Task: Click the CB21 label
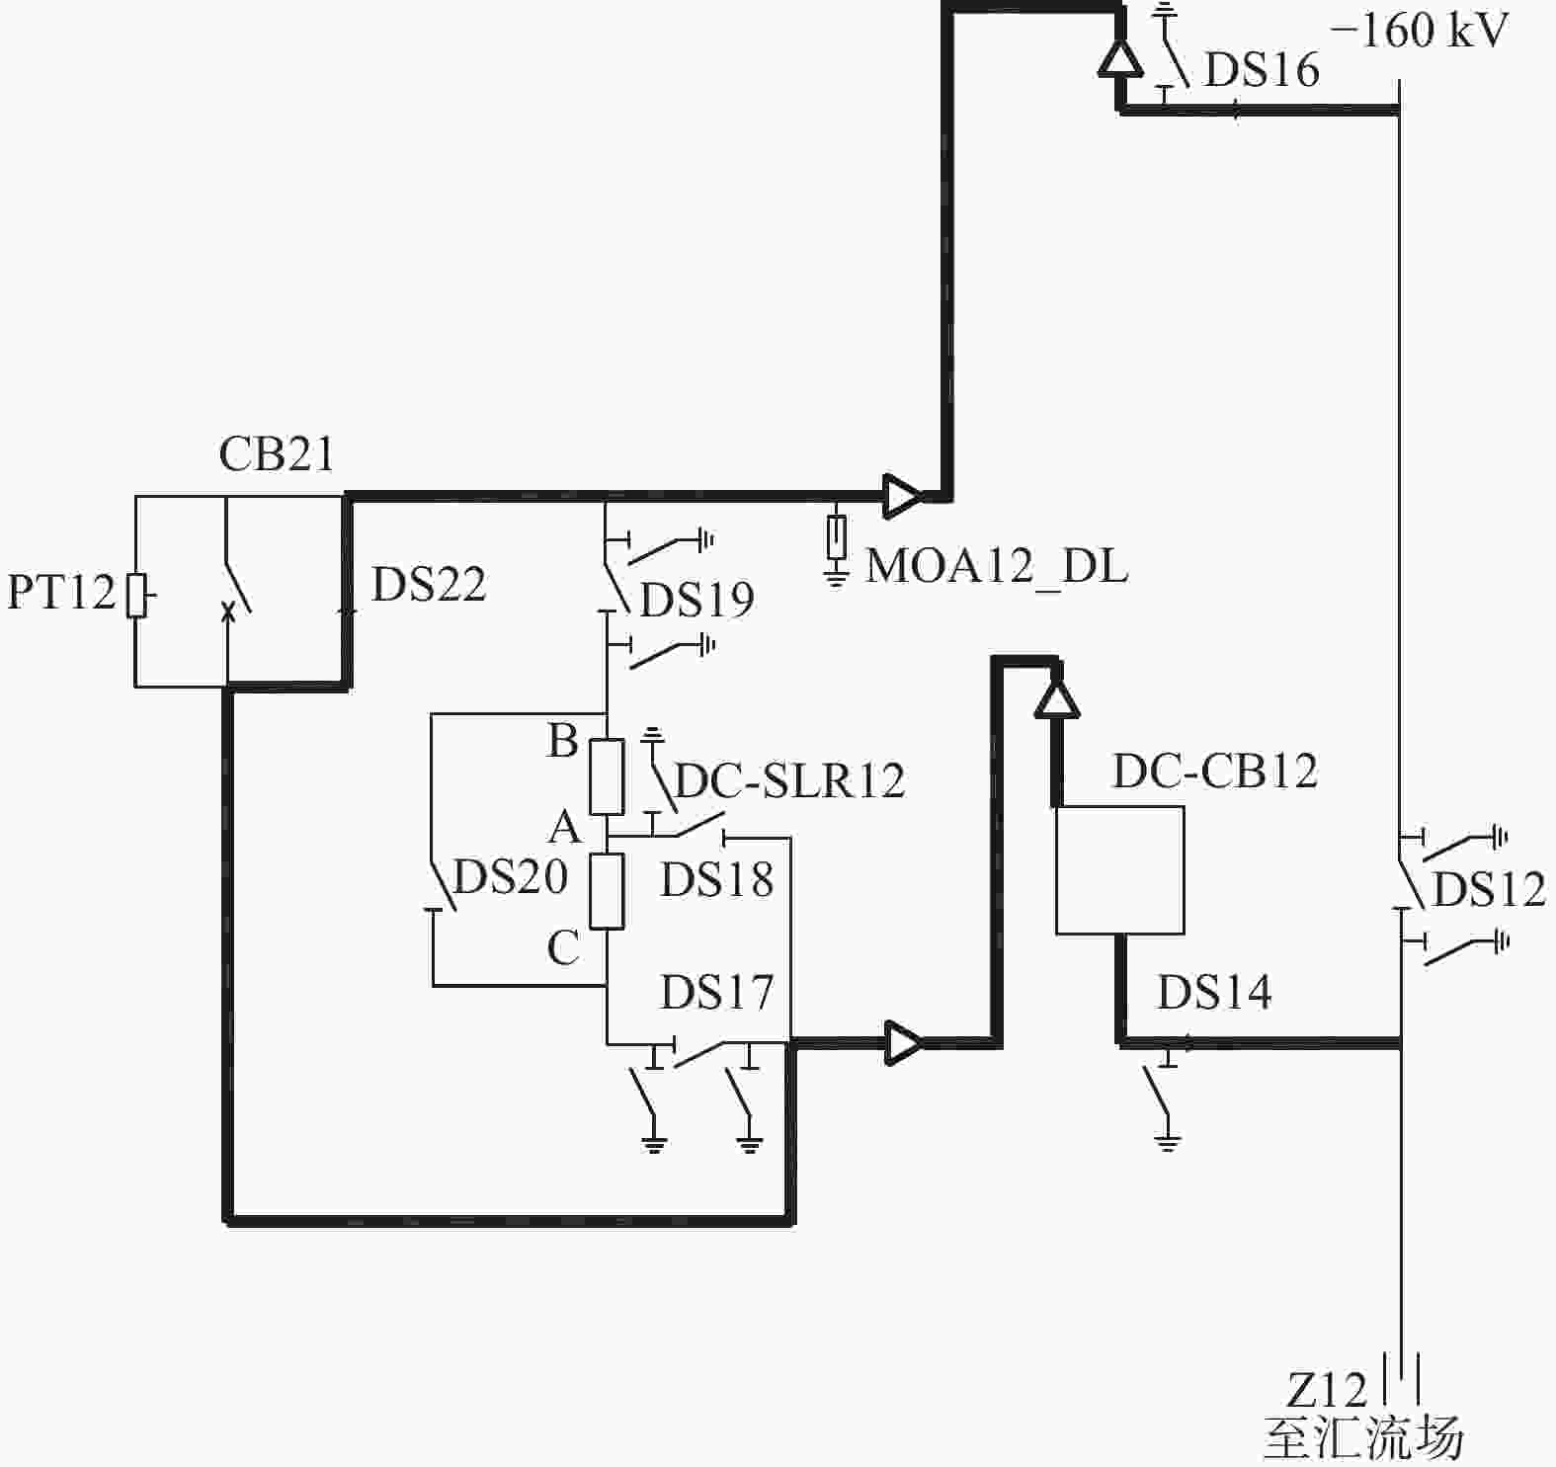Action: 277,454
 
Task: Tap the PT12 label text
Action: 62,593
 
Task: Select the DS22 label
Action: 429,585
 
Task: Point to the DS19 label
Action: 697,600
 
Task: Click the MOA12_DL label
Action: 997,567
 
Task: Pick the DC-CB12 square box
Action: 1120,869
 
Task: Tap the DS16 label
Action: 1262,70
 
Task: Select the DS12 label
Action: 1489,890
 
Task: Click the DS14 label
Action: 1214,992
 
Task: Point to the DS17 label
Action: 716,992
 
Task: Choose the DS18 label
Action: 716,879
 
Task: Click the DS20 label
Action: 510,876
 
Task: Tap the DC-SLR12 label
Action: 789,781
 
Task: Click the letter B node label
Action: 563,740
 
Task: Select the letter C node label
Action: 563,948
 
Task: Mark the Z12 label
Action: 1326,1391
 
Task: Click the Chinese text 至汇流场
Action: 1363,1438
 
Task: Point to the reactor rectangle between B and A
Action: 607,776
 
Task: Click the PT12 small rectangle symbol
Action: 136,595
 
